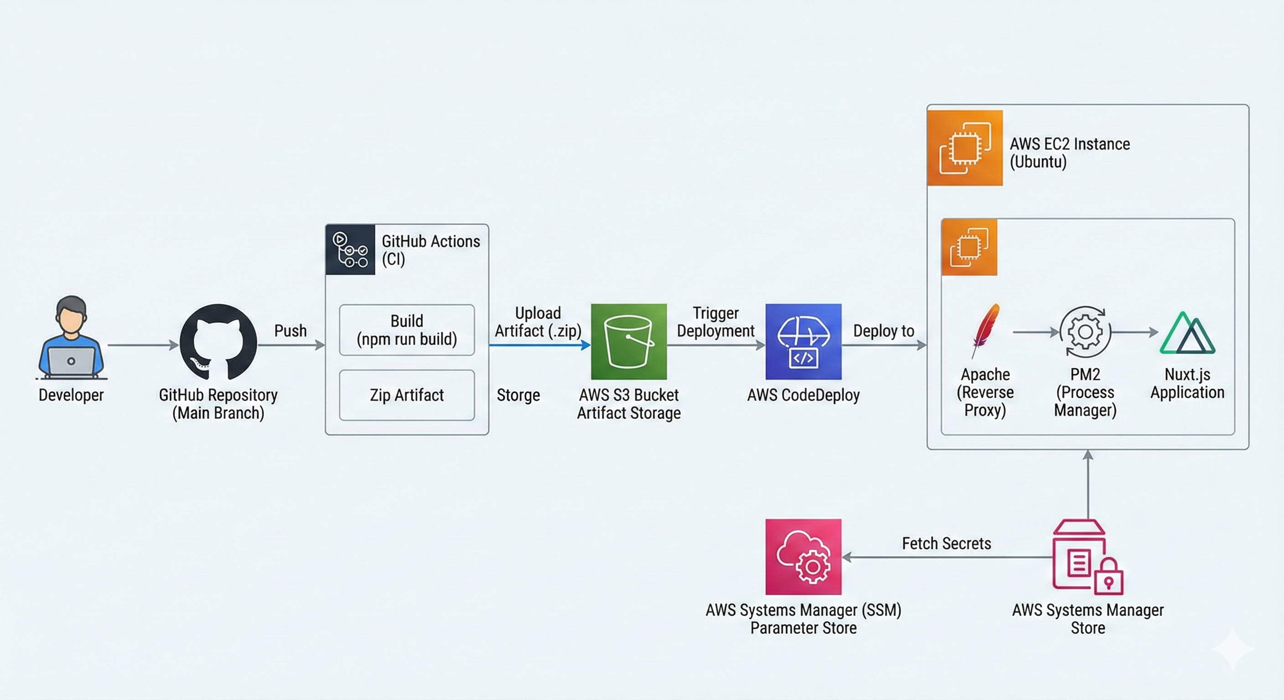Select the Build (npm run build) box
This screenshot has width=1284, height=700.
click(x=407, y=330)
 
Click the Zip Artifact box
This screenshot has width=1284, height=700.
click(x=407, y=395)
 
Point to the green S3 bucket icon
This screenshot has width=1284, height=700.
click(x=628, y=342)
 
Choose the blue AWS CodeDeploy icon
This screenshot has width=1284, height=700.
click(x=803, y=342)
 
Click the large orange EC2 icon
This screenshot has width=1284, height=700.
click(x=964, y=148)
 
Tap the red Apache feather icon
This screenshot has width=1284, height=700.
click(x=985, y=330)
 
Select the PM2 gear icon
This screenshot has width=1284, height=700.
click(x=1085, y=332)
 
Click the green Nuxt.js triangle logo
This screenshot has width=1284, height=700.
click(x=1187, y=334)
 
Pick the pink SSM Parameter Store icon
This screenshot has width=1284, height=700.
click(x=803, y=556)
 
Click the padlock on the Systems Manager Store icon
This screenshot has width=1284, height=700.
click(x=1108, y=578)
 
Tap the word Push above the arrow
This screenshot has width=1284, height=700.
click(x=290, y=331)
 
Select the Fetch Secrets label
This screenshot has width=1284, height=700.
click(x=946, y=543)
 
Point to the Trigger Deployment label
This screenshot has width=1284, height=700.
click(x=715, y=322)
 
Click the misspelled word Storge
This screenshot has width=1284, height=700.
click(x=518, y=395)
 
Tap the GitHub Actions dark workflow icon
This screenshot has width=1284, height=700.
click(x=350, y=249)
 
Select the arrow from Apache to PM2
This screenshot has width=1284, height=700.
click(x=1035, y=332)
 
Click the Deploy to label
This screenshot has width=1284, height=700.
click(x=883, y=331)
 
